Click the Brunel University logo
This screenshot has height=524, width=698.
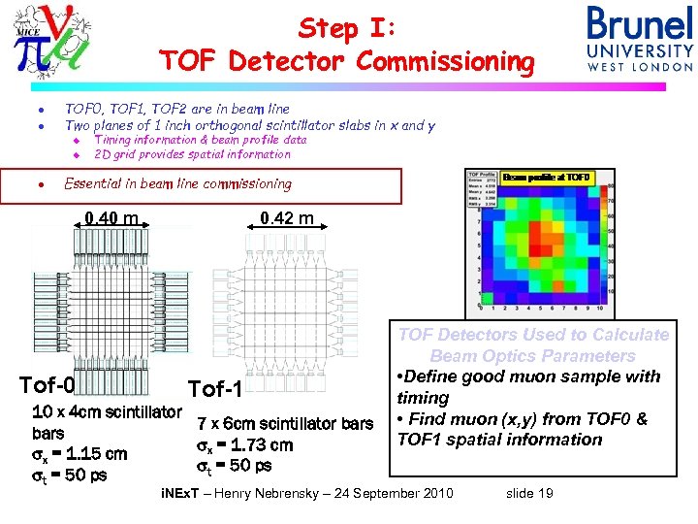click(640, 39)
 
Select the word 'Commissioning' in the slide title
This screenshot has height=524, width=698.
click(445, 62)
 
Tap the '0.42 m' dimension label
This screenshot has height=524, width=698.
click(287, 217)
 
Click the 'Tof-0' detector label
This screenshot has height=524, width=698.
click(48, 386)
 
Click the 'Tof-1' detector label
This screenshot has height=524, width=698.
click(220, 389)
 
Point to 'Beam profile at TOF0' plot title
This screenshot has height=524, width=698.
click(546, 178)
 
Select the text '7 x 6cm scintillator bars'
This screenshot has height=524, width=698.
click(285, 424)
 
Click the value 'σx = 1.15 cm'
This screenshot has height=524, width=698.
click(79, 453)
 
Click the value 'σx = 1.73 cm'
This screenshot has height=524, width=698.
click(244, 445)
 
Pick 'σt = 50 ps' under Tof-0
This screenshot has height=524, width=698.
click(70, 475)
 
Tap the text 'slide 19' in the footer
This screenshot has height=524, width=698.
click(529, 494)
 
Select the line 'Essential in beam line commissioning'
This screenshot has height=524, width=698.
click(177, 183)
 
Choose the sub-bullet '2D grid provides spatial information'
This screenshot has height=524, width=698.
click(192, 153)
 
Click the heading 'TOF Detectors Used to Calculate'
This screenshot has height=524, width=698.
click(534, 335)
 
